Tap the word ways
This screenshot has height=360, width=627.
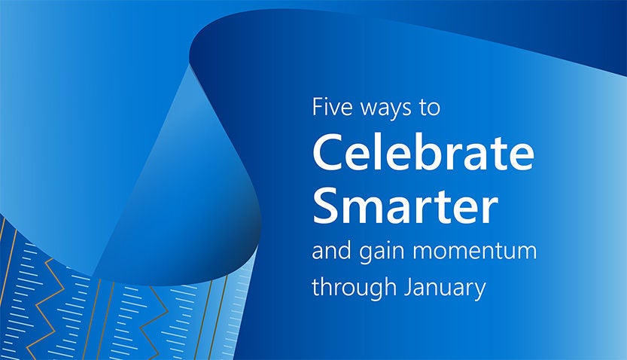click(x=385, y=109)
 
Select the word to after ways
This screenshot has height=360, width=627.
click(x=428, y=108)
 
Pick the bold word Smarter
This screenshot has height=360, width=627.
click(x=405, y=204)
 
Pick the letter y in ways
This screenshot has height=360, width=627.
click(x=392, y=111)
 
